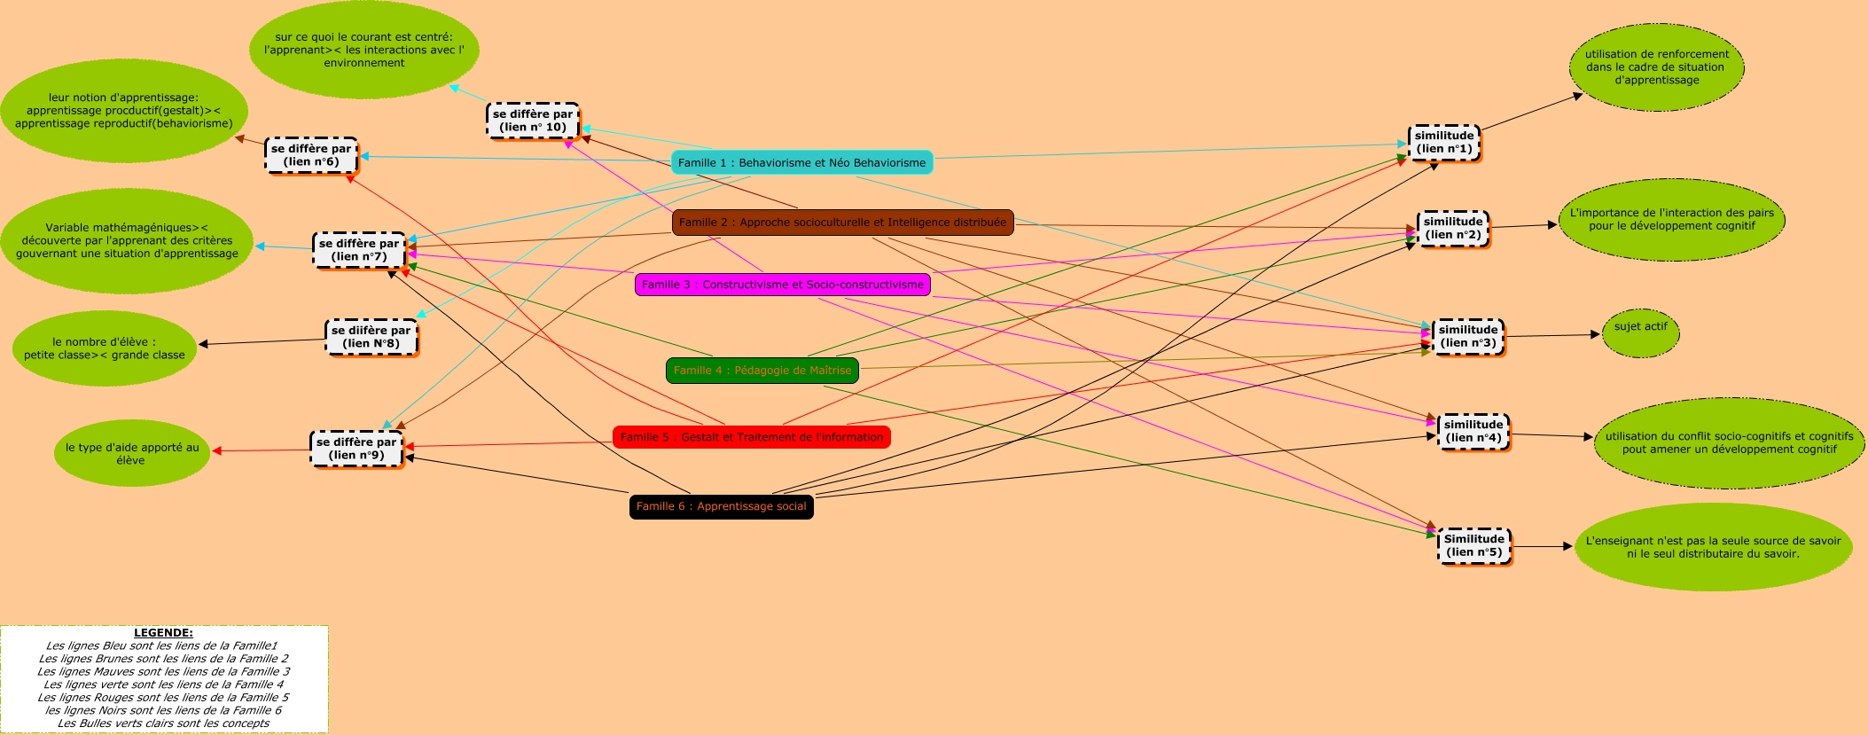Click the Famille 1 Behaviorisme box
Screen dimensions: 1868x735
(801, 162)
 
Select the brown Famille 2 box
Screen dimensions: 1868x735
(842, 223)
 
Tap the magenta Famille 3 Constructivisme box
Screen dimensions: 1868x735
(782, 285)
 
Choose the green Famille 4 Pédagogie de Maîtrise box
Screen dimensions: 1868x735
(762, 371)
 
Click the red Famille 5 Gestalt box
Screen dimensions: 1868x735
(751, 437)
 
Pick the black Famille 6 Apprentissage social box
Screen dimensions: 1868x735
(721, 506)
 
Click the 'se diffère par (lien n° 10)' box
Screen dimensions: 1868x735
(533, 121)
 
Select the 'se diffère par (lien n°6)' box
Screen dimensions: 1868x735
(311, 155)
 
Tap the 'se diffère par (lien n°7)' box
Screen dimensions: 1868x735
(359, 250)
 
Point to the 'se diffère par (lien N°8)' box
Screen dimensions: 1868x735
(371, 337)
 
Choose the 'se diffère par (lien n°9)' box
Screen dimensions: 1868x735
(356, 449)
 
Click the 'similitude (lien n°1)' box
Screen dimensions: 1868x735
(1444, 142)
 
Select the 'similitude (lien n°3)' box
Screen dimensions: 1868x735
(1468, 336)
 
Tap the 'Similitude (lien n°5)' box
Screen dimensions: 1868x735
(1473, 545)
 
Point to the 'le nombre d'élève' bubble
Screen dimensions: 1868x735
(105, 348)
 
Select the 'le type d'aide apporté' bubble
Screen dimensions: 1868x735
(132, 453)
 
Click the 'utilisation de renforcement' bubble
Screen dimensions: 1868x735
(1656, 67)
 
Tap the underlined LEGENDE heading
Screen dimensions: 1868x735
(163, 633)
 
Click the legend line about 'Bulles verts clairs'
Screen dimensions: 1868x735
(163, 723)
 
